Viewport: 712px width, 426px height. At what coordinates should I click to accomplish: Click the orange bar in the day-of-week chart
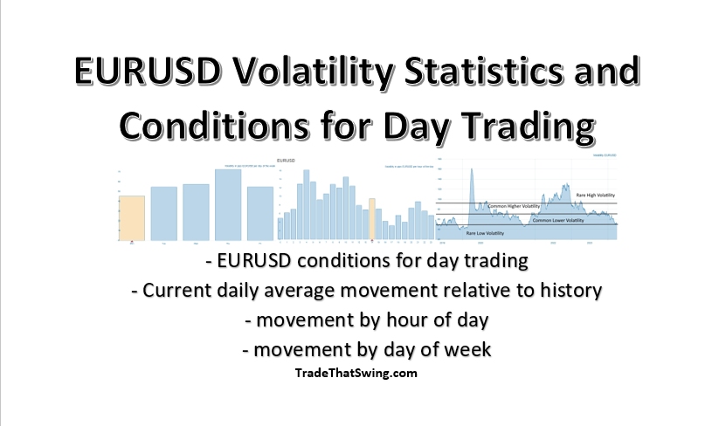(x=132, y=218)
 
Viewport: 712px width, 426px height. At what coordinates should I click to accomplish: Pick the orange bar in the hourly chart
(x=372, y=219)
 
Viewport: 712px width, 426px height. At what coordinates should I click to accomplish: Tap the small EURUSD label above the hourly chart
(x=287, y=161)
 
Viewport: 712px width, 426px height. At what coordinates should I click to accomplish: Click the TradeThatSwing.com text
(x=356, y=373)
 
